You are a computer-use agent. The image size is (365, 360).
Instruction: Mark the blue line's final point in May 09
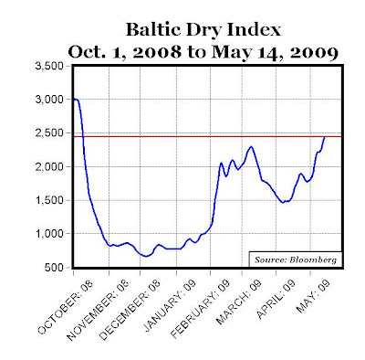(326, 137)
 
